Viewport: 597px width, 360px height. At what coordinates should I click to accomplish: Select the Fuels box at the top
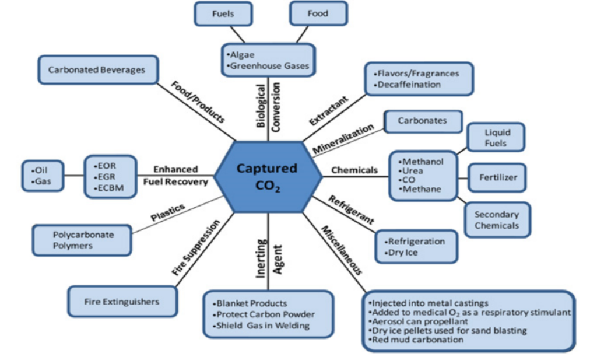pos(223,13)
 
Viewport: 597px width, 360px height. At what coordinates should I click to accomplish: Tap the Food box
pos(318,13)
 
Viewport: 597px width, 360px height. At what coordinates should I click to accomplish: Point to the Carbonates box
pos(422,121)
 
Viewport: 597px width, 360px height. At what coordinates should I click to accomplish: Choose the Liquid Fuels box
pos(496,138)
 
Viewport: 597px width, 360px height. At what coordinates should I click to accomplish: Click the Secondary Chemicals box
pos(496,220)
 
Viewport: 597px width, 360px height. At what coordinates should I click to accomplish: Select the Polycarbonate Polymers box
pos(82,240)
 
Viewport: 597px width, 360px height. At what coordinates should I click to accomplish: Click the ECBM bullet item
pos(110,187)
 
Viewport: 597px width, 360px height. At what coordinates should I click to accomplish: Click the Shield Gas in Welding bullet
pos(262,325)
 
